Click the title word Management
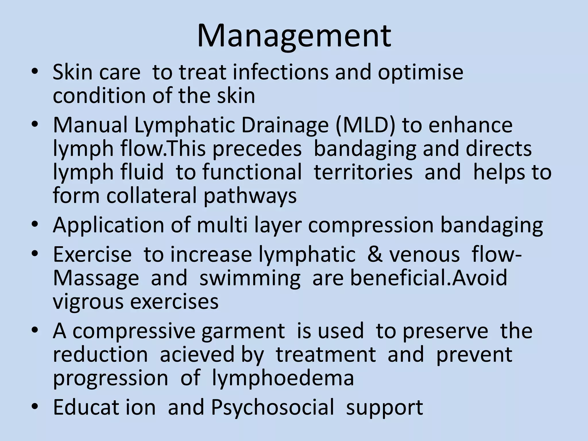click(x=294, y=36)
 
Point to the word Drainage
click(x=285, y=125)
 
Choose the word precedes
click(x=257, y=149)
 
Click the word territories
click(x=363, y=172)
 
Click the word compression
click(x=371, y=225)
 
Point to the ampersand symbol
click(x=375, y=254)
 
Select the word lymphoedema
click(x=283, y=378)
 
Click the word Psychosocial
click(x=272, y=407)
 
